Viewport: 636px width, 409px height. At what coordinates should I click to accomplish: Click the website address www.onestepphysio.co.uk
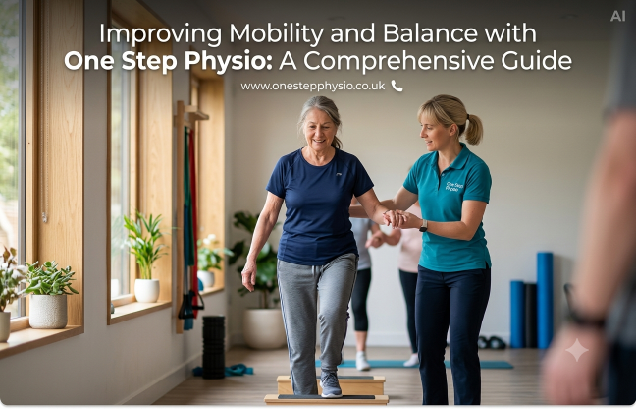coord(313,87)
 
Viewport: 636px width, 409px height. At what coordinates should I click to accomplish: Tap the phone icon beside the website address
coord(397,86)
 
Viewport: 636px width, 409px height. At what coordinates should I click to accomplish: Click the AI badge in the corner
coord(617,16)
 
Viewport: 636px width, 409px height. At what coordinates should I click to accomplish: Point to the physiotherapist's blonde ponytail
coord(473,129)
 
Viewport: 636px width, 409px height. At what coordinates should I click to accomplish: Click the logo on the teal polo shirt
coord(454,186)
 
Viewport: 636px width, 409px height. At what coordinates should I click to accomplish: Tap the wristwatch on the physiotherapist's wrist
coord(423,225)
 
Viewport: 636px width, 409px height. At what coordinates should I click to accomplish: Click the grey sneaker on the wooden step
coord(331,384)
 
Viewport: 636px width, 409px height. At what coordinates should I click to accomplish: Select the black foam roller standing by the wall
coord(213,347)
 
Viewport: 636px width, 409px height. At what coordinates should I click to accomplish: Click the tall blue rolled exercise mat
coord(545,301)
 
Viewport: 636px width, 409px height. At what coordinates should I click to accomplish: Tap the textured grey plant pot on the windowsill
coord(48,311)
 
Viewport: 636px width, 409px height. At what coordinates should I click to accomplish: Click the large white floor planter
coord(264,328)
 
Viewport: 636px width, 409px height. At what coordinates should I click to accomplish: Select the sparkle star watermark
coord(577,350)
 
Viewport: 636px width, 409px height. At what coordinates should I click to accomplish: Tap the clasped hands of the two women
coord(397,219)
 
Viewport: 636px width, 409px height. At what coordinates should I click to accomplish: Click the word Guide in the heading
coord(536,61)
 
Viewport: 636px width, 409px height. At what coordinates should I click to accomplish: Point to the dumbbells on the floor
coord(492,343)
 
